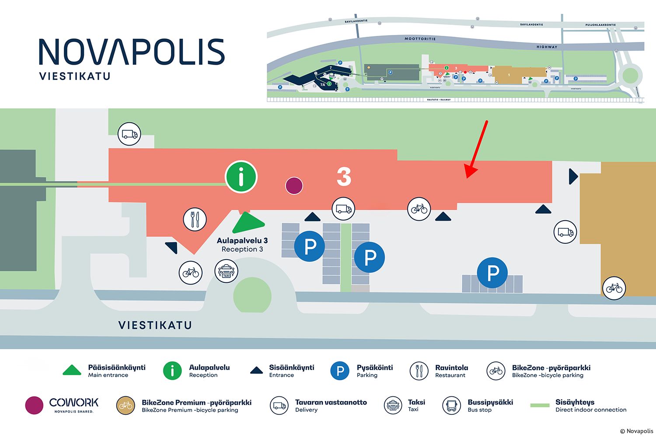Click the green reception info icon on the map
tap(241, 177)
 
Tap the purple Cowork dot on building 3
tap(294, 186)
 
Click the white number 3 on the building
tap(344, 177)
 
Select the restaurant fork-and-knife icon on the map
tap(195, 219)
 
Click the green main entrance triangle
tap(248, 223)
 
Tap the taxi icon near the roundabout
tap(226, 271)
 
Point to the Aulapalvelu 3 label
tap(242, 241)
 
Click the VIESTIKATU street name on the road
tap(155, 325)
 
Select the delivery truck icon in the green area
tap(129, 134)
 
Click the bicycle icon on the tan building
tap(614, 288)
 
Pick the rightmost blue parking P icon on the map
tap(492, 273)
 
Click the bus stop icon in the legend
tap(451, 406)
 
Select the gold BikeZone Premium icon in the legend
tap(126, 406)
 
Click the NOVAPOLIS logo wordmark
tap(132, 52)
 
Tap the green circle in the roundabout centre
tap(252, 296)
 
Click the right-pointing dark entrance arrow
tap(573, 177)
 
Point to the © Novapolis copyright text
tap(636, 431)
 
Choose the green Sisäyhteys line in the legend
tap(540, 405)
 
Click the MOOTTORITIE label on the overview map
tap(420, 39)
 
